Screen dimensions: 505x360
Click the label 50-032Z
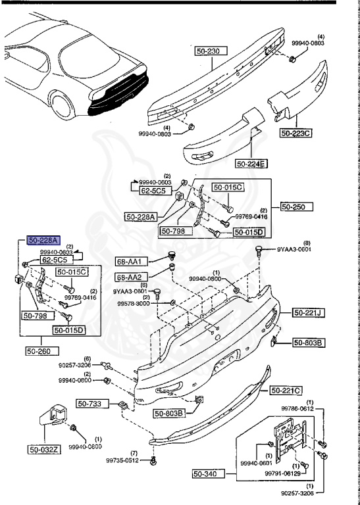pos(44,450)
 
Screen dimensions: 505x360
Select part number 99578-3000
pos(134,304)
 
